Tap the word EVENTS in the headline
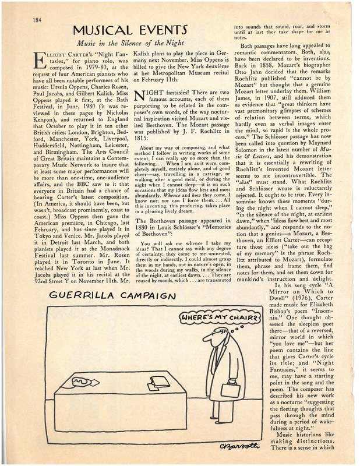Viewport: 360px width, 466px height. pos(159,30)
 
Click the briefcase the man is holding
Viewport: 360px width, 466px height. pos(231,389)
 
